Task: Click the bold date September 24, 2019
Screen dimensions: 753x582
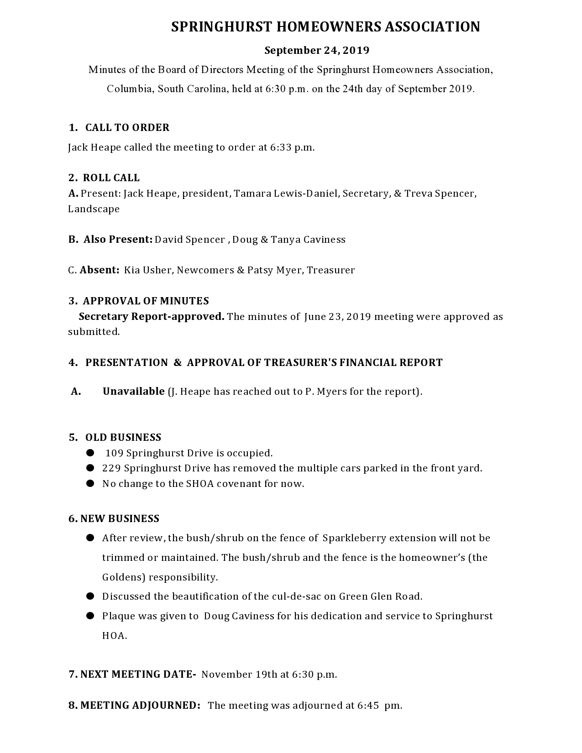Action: tap(317, 50)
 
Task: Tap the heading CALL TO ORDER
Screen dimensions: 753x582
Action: tap(127, 128)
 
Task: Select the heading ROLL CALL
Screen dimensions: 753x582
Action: tap(111, 178)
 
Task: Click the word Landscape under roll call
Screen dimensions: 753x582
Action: tap(94, 209)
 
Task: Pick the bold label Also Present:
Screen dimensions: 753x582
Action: tap(118, 240)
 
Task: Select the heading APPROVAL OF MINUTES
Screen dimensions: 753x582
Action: tap(146, 301)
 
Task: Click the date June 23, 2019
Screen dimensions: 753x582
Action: tap(337, 317)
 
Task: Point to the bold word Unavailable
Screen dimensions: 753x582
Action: tap(133, 392)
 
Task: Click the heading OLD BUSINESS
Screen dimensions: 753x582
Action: tap(123, 438)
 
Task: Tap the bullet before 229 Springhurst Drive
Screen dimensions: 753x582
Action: tap(90, 468)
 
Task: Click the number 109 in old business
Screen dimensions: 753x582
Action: tap(114, 453)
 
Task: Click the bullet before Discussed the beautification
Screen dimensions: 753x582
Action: tap(90, 596)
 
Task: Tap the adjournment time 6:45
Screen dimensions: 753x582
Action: tap(368, 706)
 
